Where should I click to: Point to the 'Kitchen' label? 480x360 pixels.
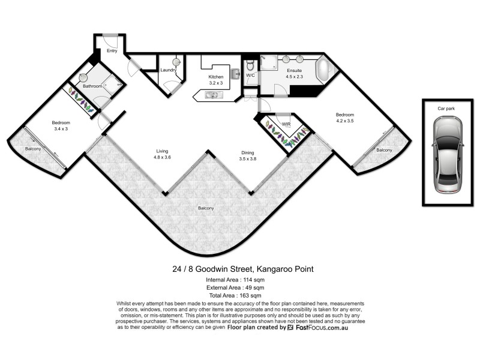coord(215,77)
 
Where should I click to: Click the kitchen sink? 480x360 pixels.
coord(212,95)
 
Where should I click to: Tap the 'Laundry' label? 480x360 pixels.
coord(168,70)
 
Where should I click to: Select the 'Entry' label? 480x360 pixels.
coord(112,51)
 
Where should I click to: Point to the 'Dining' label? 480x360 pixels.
coord(248,153)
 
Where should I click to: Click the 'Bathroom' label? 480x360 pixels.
coord(92,86)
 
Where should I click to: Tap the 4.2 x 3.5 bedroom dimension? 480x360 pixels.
coord(344,121)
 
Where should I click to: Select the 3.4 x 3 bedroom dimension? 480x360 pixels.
coord(61,128)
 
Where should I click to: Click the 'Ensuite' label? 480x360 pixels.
coord(293,71)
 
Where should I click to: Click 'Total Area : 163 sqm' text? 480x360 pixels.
coord(239,296)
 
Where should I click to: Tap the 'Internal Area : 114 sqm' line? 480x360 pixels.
coord(239,279)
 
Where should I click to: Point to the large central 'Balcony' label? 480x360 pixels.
coord(206,208)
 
